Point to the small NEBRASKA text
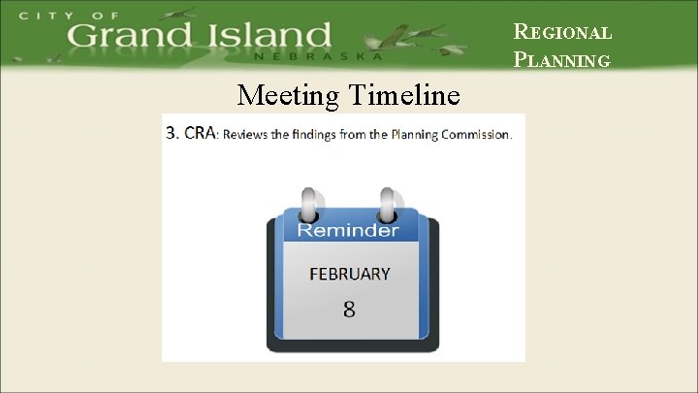point(318,57)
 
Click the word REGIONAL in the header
point(562,32)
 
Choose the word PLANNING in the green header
point(562,60)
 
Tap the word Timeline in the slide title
point(401,96)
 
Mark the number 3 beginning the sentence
point(171,134)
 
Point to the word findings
point(320,135)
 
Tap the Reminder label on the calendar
point(347,230)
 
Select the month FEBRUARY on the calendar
point(349,274)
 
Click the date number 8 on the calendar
point(348,310)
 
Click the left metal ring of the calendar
point(309,205)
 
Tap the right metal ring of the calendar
point(388,205)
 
